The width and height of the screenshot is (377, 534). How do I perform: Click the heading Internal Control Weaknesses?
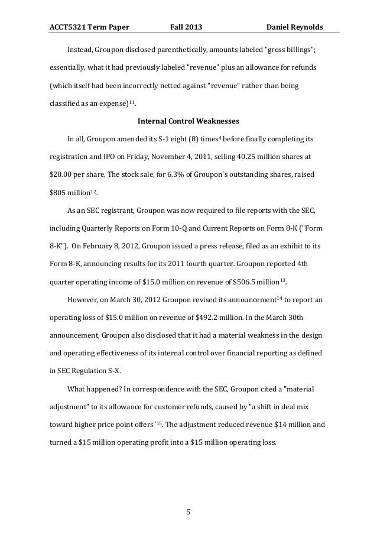(188, 122)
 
